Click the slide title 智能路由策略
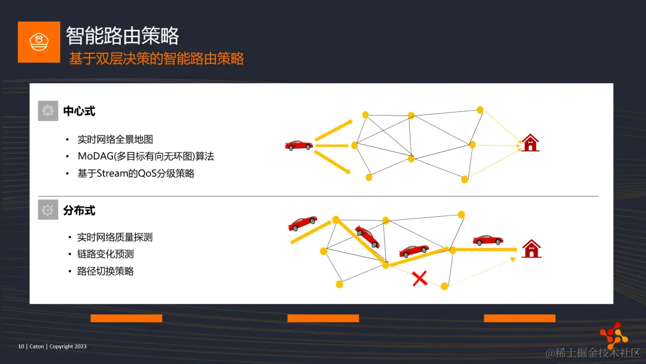tap(122, 36)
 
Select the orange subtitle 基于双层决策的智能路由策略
tap(157, 59)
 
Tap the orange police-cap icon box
tap(39, 42)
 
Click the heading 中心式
tap(79, 111)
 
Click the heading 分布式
tap(79, 211)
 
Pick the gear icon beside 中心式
tap(48, 111)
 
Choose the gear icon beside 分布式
tap(48, 210)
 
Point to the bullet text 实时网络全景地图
tap(115, 139)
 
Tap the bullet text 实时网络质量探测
tap(115, 237)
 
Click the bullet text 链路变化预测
tap(105, 254)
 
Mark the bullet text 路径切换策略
tap(105, 271)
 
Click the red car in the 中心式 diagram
tap(298, 145)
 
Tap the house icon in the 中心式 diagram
tap(530, 143)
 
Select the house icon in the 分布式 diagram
tap(531, 248)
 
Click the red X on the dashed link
tap(420, 278)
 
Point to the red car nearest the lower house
tap(487, 240)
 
